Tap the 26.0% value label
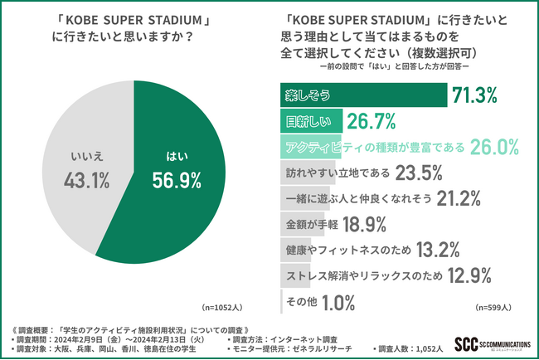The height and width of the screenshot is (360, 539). click(x=493, y=148)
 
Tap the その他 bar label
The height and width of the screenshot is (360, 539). click(x=296, y=302)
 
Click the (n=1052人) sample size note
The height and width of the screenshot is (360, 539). click(x=223, y=307)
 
